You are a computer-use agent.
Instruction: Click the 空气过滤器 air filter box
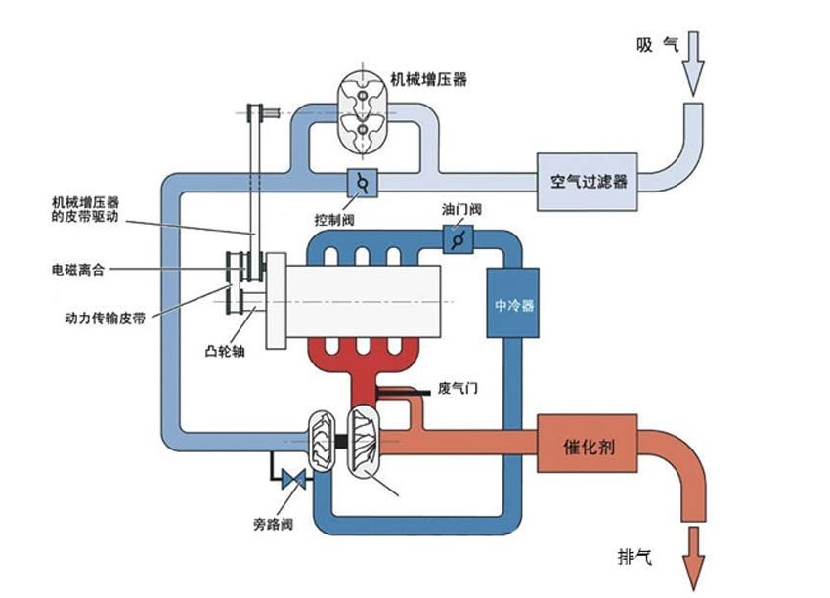587,182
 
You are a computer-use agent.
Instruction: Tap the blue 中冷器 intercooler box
513,303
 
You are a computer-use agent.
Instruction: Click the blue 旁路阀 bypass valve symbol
291,480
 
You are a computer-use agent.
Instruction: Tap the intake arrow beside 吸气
694,61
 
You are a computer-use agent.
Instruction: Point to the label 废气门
458,388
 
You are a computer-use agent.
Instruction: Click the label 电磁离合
81,268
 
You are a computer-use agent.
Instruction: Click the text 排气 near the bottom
634,557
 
